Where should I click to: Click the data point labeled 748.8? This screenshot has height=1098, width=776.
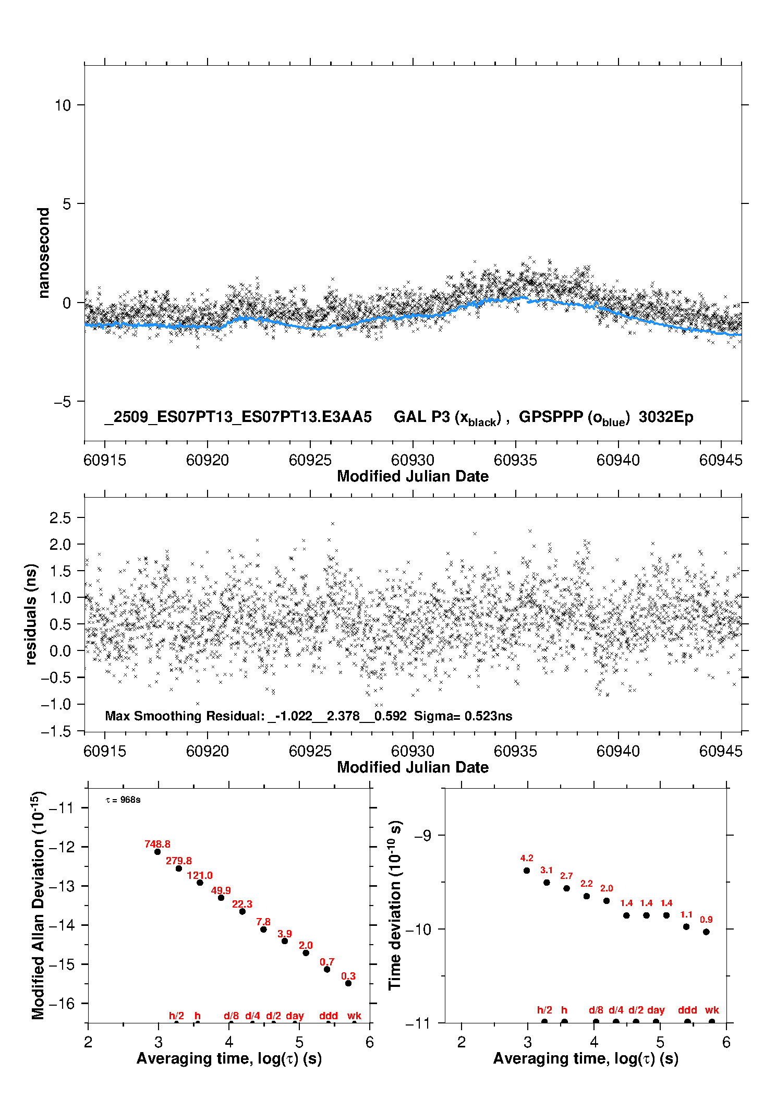point(157,852)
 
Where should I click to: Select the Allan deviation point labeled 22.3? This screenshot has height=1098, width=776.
point(242,911)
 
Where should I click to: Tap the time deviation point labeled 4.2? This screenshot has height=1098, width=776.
point(527,871)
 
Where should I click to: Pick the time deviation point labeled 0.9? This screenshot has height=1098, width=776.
point(706,932)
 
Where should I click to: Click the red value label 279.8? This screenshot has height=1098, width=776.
point(178,861)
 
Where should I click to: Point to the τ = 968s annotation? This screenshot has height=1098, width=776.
point(123,800)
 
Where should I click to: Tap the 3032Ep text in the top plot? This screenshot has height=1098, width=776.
point(666,417)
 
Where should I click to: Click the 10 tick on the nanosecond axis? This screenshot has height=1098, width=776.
point(63,105)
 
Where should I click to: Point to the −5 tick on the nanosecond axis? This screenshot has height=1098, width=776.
point(63,402)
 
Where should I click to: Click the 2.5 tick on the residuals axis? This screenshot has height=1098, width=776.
point(60,518)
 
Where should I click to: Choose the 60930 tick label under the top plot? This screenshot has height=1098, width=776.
point(413,460)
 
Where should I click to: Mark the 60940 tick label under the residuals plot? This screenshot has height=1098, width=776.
point(618,751)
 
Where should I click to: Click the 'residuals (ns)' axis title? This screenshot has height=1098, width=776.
point(31,614)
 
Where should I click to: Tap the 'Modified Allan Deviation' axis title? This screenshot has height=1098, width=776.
point(38,905)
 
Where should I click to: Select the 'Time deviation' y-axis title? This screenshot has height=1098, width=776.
point(395,905)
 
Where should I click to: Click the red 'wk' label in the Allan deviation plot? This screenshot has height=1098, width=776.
point(354,1016)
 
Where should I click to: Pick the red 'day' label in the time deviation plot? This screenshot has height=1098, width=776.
point(656,1010)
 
